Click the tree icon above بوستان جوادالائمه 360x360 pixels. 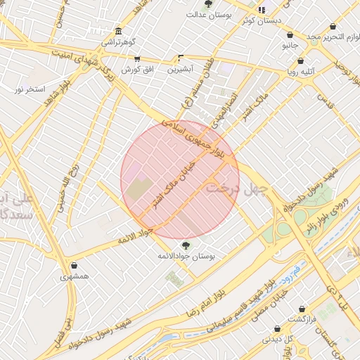(186, 245)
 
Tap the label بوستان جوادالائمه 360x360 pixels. (186, 256)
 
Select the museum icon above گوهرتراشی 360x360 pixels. (118, 32)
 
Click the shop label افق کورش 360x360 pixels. (137, 70)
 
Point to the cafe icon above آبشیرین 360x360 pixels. (181, 58)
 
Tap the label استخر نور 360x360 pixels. (30, 89)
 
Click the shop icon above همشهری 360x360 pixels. (75, 266)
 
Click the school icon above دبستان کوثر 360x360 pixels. (262, 10)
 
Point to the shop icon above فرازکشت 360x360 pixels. (302, 309)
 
